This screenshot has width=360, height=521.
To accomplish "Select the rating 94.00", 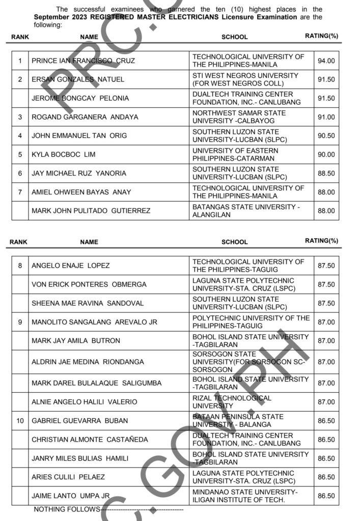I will [x=326, y=61].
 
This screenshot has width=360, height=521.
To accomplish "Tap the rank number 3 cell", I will [x=20, y=117].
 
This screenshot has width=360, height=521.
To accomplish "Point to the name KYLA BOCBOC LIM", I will [x=64, y=155].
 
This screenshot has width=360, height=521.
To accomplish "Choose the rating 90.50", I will [x=326, y=136].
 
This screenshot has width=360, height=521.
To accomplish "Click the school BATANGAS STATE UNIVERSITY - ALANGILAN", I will [x=246, y=211].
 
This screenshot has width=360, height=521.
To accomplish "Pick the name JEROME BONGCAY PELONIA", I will [x=80, y=98].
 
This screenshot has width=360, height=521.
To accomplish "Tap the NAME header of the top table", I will [x=89, y=37].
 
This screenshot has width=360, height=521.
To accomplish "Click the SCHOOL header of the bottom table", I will [x=234, y=242].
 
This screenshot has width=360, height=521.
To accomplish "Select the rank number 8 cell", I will [x=20, y=266].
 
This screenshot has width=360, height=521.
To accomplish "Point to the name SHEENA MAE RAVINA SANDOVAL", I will [x=88, y=303].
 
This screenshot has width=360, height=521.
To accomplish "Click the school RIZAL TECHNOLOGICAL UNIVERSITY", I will [x=232, y=402].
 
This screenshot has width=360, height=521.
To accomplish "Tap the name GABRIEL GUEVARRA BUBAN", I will [x=80, y=421].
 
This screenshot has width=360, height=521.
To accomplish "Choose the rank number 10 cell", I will [x=20, y=421].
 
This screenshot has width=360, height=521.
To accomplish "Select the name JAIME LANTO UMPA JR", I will [x=71, y=496].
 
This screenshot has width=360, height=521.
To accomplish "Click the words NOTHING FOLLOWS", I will [x=67, y=509].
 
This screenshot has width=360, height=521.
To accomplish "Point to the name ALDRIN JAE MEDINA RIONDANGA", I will [x=88, y=362].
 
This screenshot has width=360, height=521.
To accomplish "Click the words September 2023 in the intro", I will [x=59, y=17].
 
